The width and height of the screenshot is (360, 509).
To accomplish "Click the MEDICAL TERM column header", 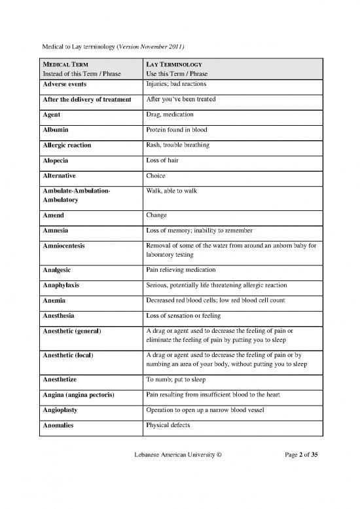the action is pos(63,64).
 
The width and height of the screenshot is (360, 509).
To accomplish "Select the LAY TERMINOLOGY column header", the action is pos(173,64).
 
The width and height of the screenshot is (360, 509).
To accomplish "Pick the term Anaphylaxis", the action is pos(65,285).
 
